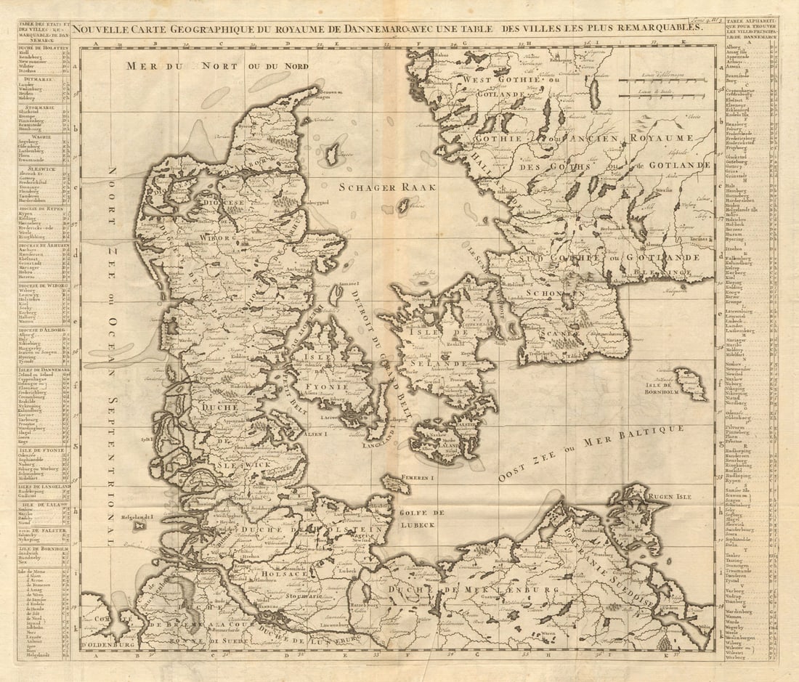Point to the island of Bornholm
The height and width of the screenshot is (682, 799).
pos(691,383)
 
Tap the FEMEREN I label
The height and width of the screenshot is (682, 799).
pos(417,478)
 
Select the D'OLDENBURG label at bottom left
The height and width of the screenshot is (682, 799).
pos(105,644)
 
